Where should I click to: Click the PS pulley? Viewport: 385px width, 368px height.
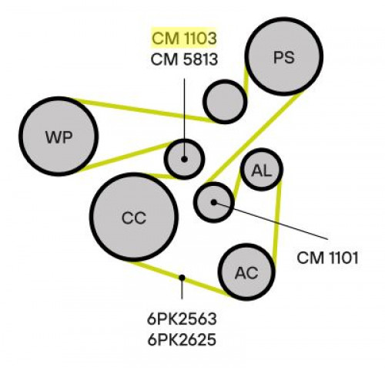pyautogui.click(x=284, y=56)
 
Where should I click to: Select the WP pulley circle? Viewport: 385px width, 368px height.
pyautogui.click(x=59, y=137)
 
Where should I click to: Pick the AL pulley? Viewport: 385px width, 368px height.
pyautogui.click(x=262, y=169)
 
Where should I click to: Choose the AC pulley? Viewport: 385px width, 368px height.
pyautogui.click(x=246, y=272)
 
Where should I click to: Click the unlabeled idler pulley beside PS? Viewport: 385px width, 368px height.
pyautogui.click(x=225, y=102)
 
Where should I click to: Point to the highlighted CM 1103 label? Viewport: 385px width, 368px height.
pyautogui.click(x=184, y=38)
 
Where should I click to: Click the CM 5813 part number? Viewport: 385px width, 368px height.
pyautogui.click(x=184, y=59)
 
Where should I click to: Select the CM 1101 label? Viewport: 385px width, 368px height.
pyautogui.click(x=327, y=258)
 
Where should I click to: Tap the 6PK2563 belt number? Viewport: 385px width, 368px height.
pyautogui.click(x=182, y=319)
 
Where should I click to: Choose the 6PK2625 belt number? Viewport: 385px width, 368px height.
pyautogui.click(x=182, y=339)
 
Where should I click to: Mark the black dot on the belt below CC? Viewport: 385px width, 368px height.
pyautogui.click(x=182, y=278)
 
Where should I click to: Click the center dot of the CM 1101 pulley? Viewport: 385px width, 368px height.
pyautogui.click(x=214, y=202)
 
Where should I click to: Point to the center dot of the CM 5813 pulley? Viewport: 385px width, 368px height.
pyautogui.click(x=184, y=159)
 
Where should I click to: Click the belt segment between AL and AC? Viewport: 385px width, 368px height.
pyautogui.click(x=276, y=221)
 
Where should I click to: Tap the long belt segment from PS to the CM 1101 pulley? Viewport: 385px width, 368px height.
pyautogui.click(x=255, y=137)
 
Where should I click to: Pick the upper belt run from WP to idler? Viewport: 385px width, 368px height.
pyautogui.click(x=146, y=110)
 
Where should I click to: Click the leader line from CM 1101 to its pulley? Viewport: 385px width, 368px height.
pyautogui.click(x=271, y=221)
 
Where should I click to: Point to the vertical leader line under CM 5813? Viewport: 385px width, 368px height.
pyautogui.click(x=184, y=119)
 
